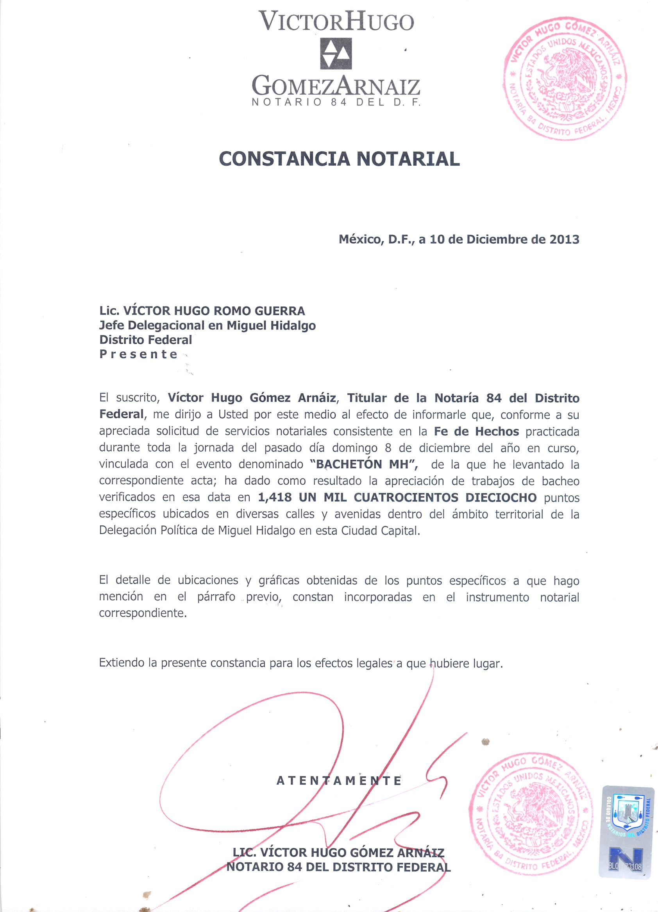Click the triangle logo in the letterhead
pyautogui.click(x=336, y=54)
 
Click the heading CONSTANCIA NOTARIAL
pyautogui.click(x=339, y=158)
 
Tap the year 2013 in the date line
pyautogui.click(x=564, y=239)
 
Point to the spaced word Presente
pyautogui.click(x=138, y=354)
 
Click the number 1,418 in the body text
pyautogui.click(x=275, y=497)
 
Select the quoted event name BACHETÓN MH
pyautogui.click(x=363, y=464)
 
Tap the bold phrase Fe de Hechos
pyautogui.click(x=476, y=432)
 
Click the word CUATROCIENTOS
pyautogui.click(x=406, y=497)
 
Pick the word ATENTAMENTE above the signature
pyautogui.click(x=339, y=781)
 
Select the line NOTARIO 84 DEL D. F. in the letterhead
pyautogui.click(x=336, y=102)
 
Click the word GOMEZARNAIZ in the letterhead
pyautogui.click(x=336, y=86)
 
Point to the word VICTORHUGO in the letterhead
pyautogui.click(x=336, y=22)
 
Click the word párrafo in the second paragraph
pyautogui.click(x=216, y=597)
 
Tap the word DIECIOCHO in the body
pyautogui.click(x=501, y=497)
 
